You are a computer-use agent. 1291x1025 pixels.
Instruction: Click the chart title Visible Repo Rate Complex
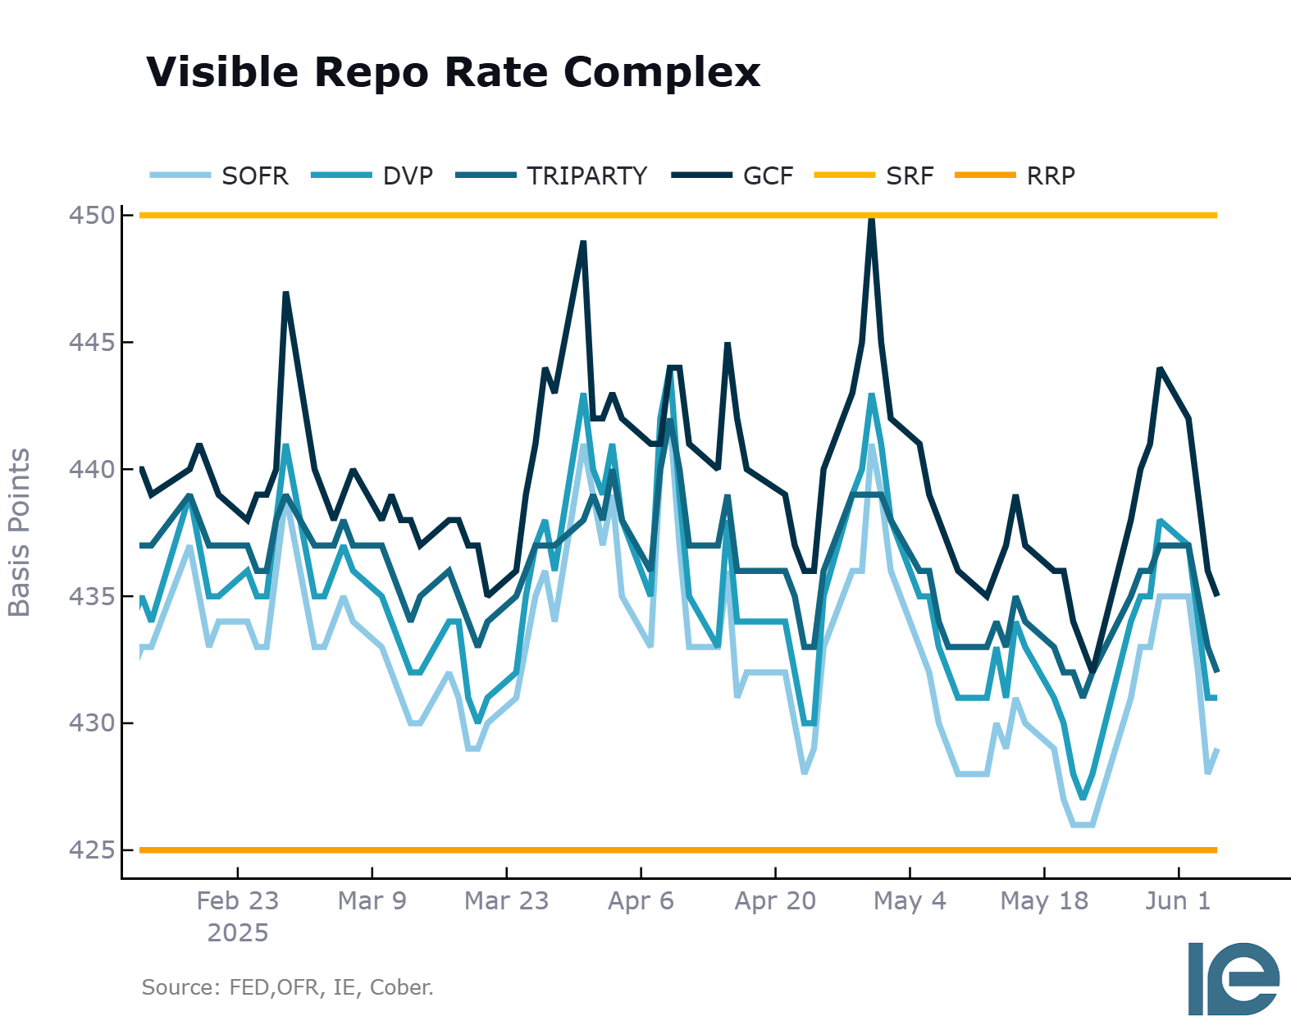[x=453, y=72]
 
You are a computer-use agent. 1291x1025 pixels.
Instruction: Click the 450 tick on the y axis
[x=92, y=216]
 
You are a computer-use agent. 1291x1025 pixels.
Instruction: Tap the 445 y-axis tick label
[x=92, y=343]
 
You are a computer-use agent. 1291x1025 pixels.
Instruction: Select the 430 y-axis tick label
[x=92, y=723]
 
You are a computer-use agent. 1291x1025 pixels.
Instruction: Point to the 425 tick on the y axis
[x=92, y=850]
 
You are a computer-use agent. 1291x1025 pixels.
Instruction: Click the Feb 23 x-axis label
[x=238, y=901]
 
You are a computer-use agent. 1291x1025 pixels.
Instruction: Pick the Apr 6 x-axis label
[x=641, y=901]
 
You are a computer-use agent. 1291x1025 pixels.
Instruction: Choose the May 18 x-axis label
[x=1044, y=901]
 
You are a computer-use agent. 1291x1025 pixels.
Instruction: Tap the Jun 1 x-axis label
[x=1178, y=901]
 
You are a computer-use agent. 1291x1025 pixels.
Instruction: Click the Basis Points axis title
[x=19, y=532]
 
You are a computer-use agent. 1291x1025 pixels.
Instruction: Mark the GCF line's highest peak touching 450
[x=871, y=218]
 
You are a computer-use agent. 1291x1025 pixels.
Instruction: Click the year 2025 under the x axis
[x=238, y=933]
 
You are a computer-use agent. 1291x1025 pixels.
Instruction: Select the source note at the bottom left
[x=287, y=987]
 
